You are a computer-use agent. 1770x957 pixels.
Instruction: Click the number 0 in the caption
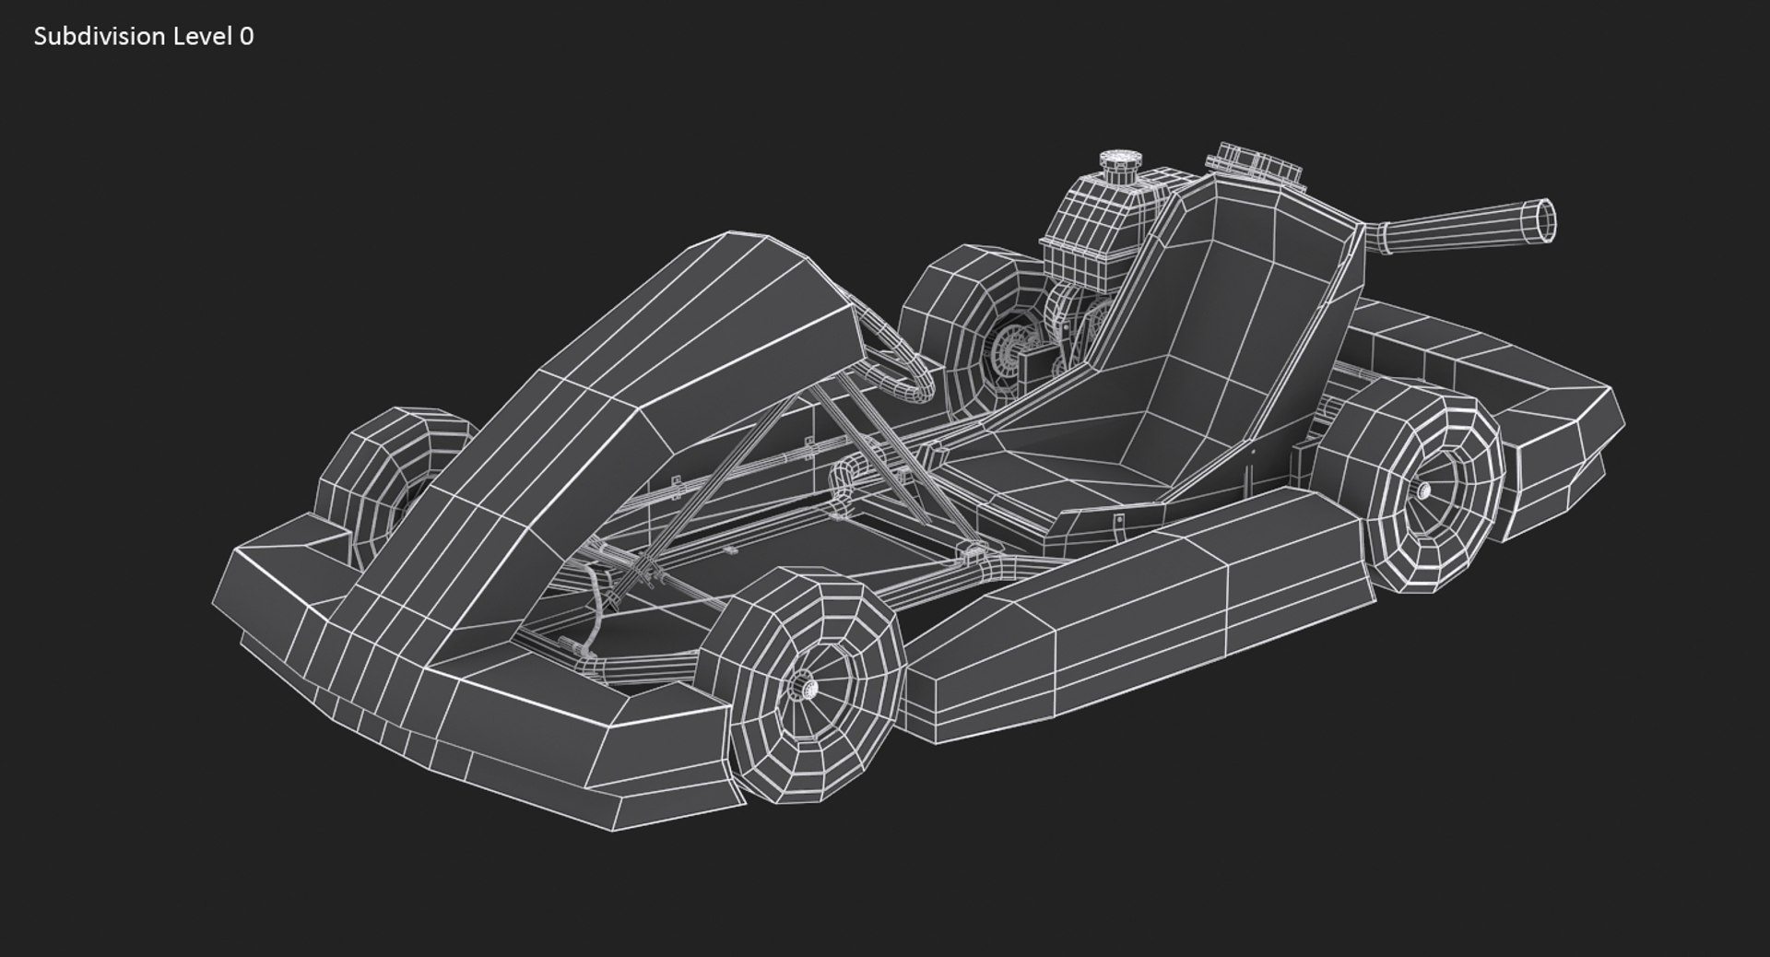246,36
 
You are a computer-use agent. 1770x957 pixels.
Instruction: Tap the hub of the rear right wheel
1422,490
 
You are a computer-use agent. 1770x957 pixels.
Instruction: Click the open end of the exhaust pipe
1544,219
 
